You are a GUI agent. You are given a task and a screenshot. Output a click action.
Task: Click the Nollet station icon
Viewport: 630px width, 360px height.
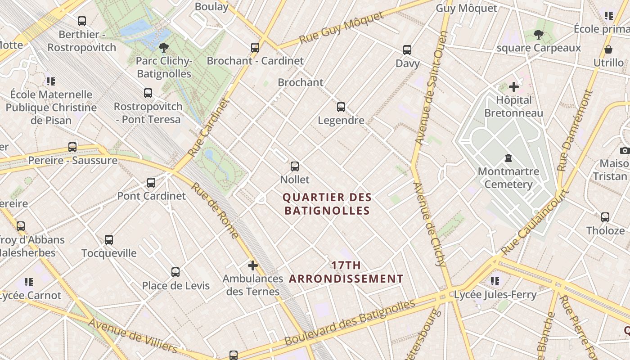pos(295,166)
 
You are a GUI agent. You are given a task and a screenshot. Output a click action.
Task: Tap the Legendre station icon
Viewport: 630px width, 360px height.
pos(341,107)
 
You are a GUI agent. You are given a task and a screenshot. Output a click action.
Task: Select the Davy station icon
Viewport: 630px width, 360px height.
pos(407,50)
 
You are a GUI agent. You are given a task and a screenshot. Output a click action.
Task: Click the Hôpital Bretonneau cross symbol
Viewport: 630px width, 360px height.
pos(514,86)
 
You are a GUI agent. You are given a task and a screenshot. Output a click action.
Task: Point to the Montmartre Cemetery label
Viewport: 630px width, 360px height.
pos(508,178)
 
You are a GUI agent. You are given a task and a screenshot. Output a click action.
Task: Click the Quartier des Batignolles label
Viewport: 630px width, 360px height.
pos(327,204)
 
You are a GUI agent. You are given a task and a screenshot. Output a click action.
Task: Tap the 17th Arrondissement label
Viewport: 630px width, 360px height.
pos(346,272)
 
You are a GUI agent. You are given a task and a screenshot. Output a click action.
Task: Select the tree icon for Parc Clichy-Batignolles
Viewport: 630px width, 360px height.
pos(164,48)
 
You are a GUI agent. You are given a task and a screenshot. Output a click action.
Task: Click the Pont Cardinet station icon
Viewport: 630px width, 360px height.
pos(151,183)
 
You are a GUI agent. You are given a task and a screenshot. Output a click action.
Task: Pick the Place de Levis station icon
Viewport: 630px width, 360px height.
pos(175,272)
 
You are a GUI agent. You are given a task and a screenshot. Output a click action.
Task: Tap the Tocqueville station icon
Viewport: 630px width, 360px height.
pos(109,240)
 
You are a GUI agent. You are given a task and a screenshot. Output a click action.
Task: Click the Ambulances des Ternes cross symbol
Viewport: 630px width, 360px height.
pos(253,265)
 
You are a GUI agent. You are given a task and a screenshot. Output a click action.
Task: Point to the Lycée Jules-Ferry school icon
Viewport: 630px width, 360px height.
pos(495,281)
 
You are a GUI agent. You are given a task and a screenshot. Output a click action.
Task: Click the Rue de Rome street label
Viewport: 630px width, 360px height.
pos(215,210)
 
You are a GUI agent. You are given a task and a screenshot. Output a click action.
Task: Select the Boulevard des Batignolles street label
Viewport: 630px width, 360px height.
pos(350,323)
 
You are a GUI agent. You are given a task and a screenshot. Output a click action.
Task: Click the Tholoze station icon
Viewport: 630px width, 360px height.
pos(605,217)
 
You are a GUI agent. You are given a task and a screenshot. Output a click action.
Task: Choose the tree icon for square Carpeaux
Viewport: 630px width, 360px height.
pos(538,35)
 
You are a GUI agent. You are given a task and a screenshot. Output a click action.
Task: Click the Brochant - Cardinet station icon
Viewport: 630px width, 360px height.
pos(255,47)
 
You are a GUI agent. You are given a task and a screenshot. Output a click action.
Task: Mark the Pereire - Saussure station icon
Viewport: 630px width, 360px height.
pos(72,147)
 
